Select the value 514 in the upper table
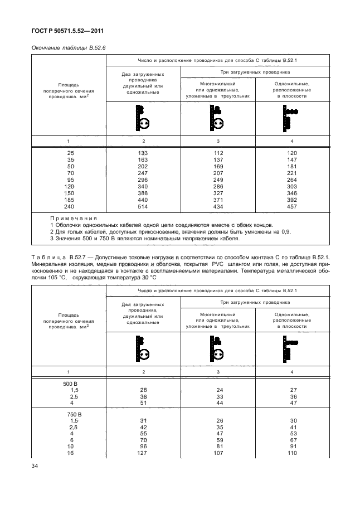coord(144,207)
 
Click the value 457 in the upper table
coord(291,207)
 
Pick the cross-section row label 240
coord(69,207)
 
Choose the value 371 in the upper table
coord(217,200)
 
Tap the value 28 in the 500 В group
coord(144,390)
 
